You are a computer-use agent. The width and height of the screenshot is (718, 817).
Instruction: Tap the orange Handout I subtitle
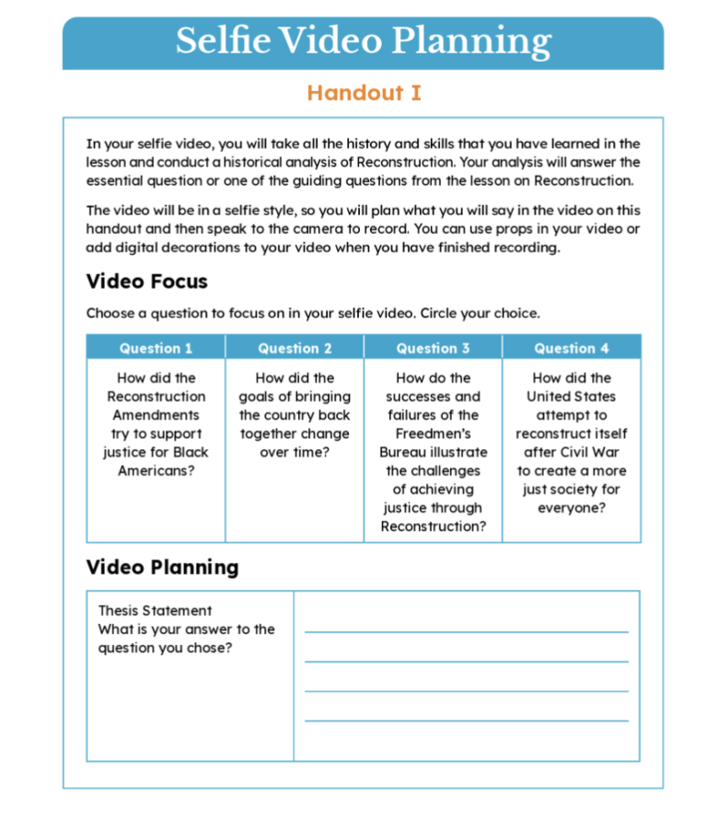pos(364,93)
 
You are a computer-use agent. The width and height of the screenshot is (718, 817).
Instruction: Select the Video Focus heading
pos(147,281)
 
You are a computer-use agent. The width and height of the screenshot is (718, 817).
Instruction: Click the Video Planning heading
pos(162,567)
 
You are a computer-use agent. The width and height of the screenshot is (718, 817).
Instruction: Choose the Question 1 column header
pos(156,348)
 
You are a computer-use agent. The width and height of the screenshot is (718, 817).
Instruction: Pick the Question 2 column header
pos(295,348)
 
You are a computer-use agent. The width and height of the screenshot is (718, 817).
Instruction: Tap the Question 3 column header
pos(433,348)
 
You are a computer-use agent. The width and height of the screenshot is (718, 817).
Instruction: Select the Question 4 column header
pos(572,348)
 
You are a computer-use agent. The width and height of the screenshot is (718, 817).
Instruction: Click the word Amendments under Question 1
pos(156,415)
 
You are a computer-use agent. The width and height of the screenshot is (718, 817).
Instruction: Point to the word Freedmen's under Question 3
pos(433,433)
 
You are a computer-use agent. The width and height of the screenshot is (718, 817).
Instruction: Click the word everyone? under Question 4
pos(572,508)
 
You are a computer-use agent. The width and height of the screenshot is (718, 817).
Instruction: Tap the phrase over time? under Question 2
pos(295,452)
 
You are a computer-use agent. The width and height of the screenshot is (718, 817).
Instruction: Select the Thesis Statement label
pos(155,610)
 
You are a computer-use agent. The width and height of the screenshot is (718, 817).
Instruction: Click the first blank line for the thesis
pos(466,631)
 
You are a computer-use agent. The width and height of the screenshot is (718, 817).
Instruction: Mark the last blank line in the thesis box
pos(466,719)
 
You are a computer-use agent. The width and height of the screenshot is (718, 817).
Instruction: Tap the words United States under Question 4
pos(572,397)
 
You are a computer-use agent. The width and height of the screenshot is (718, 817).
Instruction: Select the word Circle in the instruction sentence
pos(444,313)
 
